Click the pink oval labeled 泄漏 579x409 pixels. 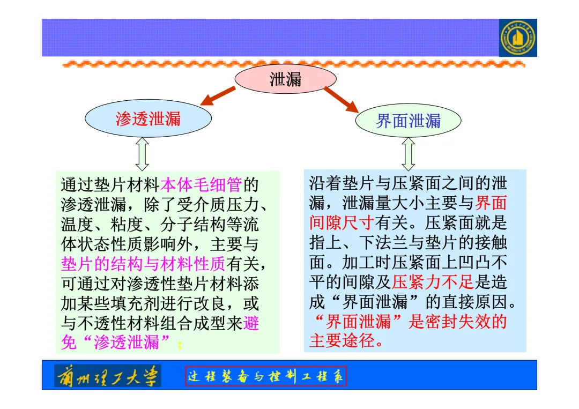click(285, 79)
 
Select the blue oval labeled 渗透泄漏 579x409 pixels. click(149, 118)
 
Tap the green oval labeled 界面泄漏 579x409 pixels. click(408, 121)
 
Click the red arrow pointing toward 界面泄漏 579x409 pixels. click(341, 99)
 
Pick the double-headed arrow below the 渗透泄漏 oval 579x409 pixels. click(142, 154)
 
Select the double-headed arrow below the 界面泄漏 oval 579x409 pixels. click(409, 154)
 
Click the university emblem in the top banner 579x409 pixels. click(517, 38)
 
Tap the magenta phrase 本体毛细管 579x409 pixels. click(202, 185)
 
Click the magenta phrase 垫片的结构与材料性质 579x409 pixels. click(143, 264)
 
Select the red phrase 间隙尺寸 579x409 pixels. click(342, 222)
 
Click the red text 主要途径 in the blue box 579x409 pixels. click(342, 340)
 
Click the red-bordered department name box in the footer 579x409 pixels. click(266, 376)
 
